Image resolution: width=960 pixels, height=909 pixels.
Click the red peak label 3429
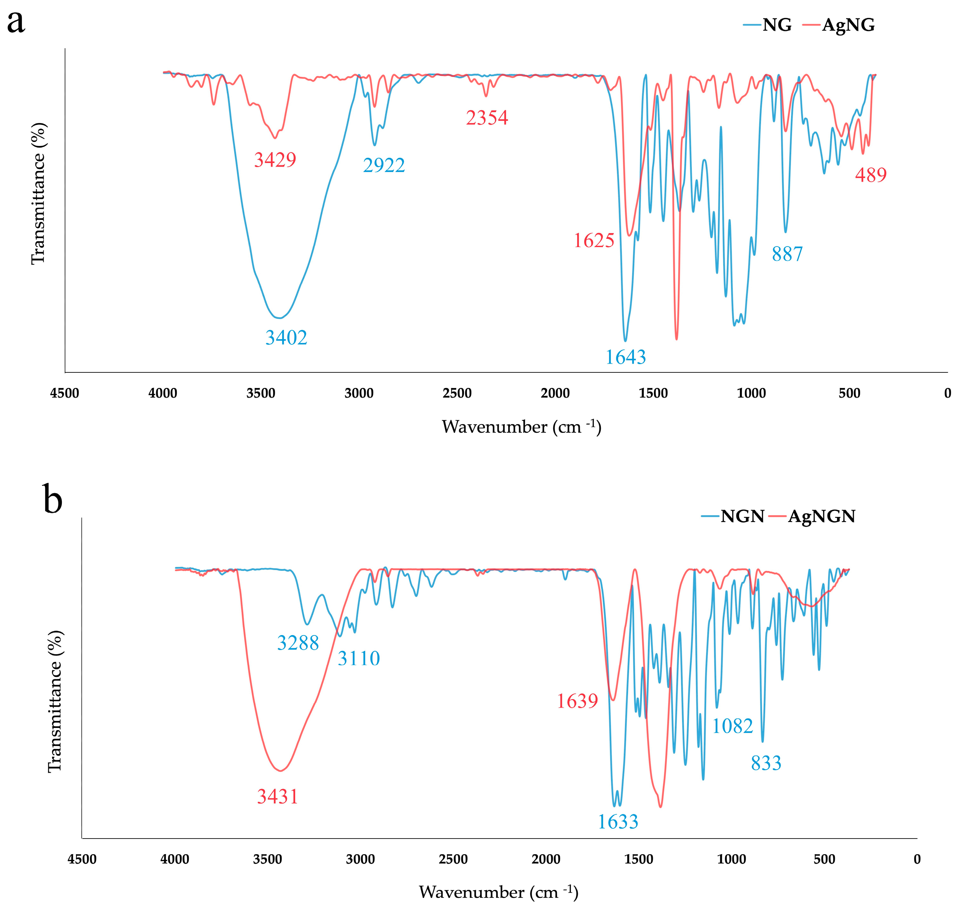275,159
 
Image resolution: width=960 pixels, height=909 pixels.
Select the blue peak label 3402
286,337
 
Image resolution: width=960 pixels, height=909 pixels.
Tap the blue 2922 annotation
384,165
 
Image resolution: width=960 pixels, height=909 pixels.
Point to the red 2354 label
487,118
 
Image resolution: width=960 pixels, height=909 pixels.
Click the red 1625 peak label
594,240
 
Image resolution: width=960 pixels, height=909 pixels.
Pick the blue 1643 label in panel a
626,357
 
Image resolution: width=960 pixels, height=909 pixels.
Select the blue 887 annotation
788,254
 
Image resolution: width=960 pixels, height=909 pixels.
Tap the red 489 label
871,175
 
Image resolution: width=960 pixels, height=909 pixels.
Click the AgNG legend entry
839,25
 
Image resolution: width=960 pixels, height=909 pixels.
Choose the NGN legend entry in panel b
733,516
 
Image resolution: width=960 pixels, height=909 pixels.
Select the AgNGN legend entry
813,517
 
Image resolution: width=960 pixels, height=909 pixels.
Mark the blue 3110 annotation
359,658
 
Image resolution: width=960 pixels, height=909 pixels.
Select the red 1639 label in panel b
577,701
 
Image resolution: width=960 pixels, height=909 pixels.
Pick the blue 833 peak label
766,763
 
